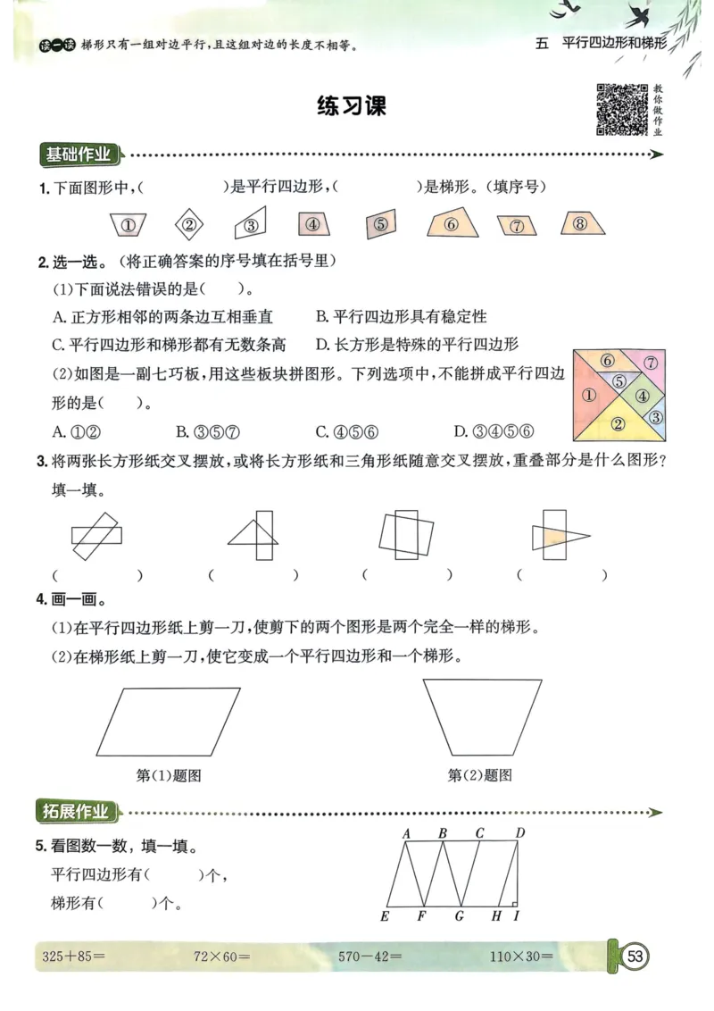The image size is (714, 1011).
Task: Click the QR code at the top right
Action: point(621,110)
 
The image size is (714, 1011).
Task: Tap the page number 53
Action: point(635,957)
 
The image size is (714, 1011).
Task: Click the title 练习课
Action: point(353,107)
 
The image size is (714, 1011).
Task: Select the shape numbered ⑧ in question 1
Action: point(580,224)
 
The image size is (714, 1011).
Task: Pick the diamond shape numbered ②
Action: point(188,224)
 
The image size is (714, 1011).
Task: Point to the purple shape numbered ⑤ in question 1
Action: point(380,225)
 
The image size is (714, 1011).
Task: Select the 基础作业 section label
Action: point(79,155)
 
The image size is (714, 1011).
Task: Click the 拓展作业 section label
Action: point(77,812)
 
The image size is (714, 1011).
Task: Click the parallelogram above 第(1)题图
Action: point(168,722)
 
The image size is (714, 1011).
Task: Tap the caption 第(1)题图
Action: point(169,775)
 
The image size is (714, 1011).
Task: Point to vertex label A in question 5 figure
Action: point(406,834)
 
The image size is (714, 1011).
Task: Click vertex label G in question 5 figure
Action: point(460,915)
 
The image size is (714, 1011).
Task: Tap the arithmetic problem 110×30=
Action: point(521,957)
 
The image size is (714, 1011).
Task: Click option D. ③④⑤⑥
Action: point(494,432)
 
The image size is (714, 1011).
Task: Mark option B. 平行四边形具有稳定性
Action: point(402,317)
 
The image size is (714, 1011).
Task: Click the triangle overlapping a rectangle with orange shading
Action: point(560,536)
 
